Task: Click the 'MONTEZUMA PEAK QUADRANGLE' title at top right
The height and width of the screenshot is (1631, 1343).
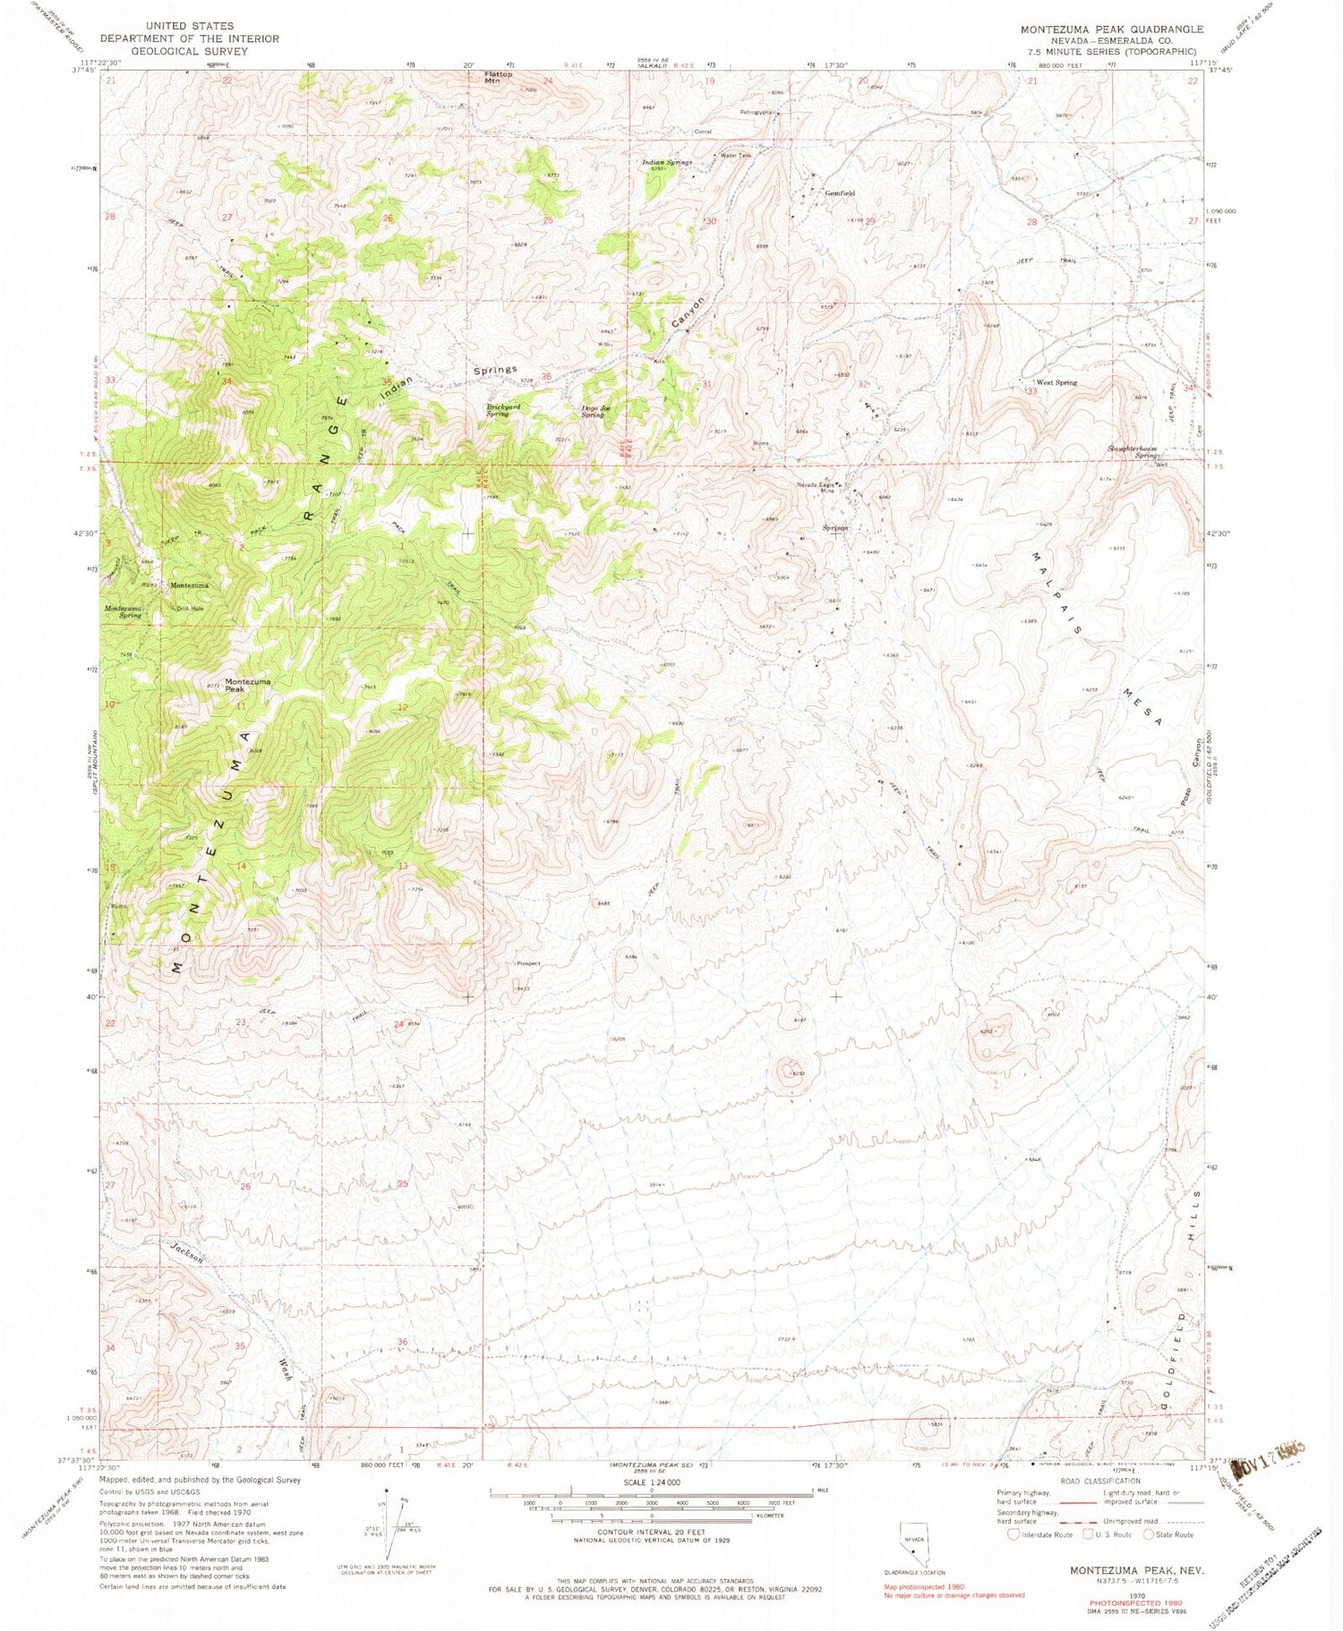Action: pos(1112,29)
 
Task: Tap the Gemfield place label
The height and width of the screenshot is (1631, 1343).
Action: pos(840,193)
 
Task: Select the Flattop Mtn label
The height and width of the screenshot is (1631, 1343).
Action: pos(499,78)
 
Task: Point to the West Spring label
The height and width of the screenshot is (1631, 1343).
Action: pos(1057,383)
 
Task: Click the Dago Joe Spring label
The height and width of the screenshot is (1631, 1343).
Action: pos(598,412)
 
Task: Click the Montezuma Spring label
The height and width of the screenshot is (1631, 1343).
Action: pos(124,612)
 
